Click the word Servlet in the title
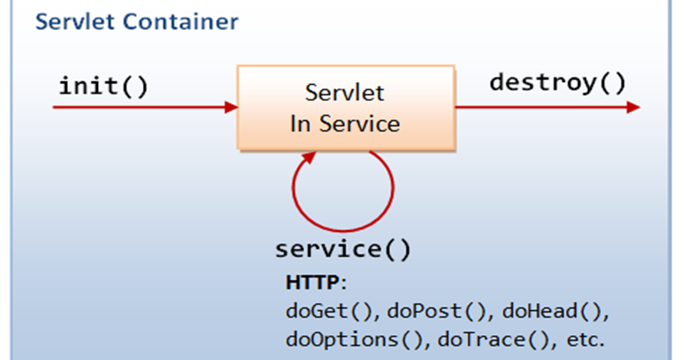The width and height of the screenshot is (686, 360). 76,21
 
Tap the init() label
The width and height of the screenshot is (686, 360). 103,87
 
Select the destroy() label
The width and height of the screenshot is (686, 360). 557,83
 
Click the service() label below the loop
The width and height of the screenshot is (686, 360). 343,249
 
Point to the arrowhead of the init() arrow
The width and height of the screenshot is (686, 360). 231,108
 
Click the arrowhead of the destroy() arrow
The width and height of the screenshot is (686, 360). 632,108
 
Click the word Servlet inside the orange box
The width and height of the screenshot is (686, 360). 344,93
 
